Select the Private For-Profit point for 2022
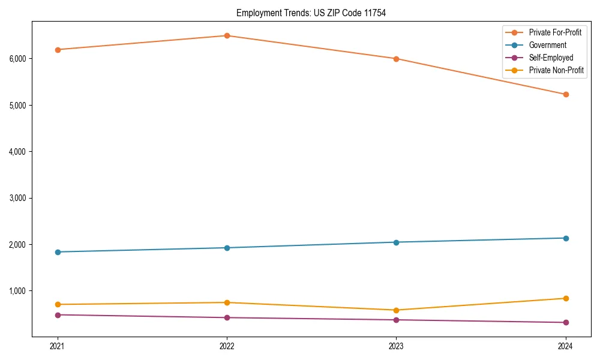(227, 35)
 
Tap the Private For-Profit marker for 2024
(566, 94)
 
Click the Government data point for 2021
(58, 252)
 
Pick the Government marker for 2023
(396, 242)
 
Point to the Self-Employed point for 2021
(58, 315)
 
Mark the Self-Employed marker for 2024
(566, 323)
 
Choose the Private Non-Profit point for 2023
(396, 310)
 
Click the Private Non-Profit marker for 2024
(566, 298)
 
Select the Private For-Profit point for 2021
(58, 50)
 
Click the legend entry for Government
(547, 45)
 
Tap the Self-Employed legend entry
(551, 58)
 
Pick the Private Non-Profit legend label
(556, 70)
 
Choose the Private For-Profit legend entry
(555, 32)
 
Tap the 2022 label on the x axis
(227, 346)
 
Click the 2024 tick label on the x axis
(566, 346)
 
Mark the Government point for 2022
(227, 248)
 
